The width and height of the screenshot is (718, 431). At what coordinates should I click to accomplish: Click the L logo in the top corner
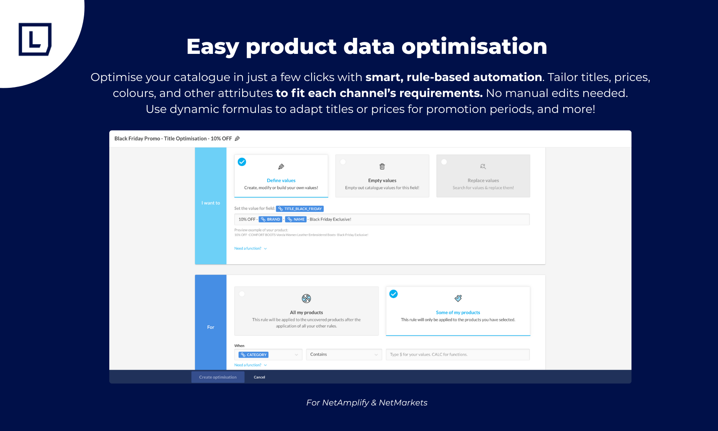click(35, 39)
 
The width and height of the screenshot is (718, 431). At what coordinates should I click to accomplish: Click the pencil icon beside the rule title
click(237, 138)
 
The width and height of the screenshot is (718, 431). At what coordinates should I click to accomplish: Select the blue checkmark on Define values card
click(242, 162)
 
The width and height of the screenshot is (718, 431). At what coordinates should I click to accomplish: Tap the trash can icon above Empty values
click(382, 166)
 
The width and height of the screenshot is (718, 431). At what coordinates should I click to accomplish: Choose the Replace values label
click(483, 180)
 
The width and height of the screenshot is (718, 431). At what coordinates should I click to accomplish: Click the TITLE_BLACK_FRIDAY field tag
click(300, 209)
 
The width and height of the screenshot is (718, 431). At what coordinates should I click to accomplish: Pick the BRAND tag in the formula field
click(270, 219)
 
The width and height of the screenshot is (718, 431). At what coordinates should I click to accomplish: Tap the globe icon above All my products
click(306, 299)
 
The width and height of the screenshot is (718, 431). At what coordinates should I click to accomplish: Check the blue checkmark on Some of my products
click(394, 294)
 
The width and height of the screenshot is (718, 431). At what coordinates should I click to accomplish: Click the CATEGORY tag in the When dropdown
click(254, 355)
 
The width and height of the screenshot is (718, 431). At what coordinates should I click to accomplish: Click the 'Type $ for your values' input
click(458, 354)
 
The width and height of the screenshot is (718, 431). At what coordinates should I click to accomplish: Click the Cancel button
click(259, 377)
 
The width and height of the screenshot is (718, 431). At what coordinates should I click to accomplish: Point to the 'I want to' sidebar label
click(211, 203)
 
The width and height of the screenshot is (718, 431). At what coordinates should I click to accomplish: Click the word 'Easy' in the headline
click(213, 47)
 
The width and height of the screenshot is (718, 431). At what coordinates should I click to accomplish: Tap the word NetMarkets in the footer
click(403, 403)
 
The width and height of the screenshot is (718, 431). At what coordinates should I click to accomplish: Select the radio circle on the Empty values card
click(343, 162)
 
